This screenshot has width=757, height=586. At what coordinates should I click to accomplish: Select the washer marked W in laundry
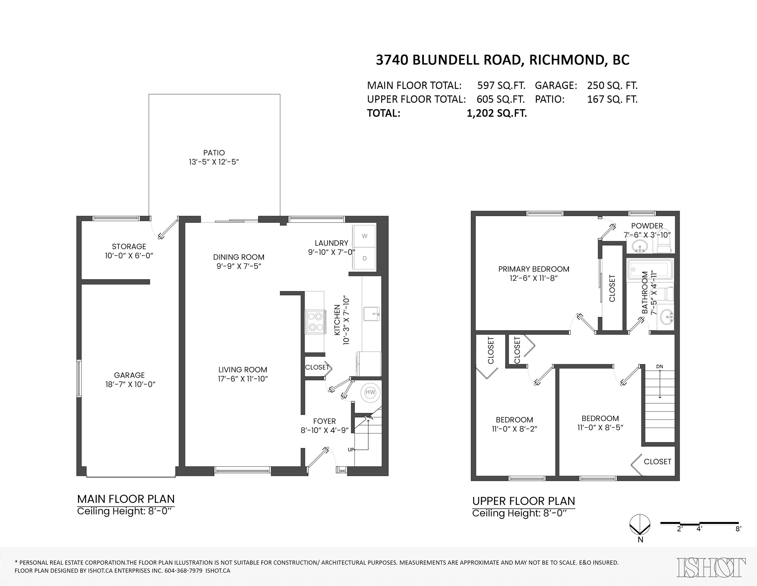pos(364,236)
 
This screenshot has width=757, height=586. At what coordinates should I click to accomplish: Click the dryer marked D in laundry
pos(364,258)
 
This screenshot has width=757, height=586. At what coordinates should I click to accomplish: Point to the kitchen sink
pos(372,314)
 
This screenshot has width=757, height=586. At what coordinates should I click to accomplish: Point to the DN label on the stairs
pos(660,367)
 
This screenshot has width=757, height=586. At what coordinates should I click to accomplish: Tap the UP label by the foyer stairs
pos(351,450)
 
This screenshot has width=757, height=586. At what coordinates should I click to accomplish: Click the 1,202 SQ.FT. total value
pos(497,113)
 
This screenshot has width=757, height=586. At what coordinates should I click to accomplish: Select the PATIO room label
pos(214,153)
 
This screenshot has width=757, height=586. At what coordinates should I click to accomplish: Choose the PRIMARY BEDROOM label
pos(533,269)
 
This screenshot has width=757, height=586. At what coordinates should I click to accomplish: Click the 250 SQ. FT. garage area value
pos(612,85)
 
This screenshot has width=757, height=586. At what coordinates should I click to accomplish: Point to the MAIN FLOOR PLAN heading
pos(126,499)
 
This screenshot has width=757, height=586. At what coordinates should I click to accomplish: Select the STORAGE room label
pos(129,246)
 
